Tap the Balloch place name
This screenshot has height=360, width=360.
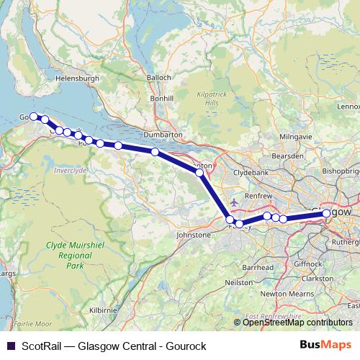(x=159, y=77)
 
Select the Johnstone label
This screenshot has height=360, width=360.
(x=194, y=235)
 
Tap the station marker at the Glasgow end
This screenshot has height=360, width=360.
(x=327, y=214)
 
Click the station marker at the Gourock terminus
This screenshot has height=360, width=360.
(x=33, y=116)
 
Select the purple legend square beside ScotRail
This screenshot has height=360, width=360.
(x=9, y=344)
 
